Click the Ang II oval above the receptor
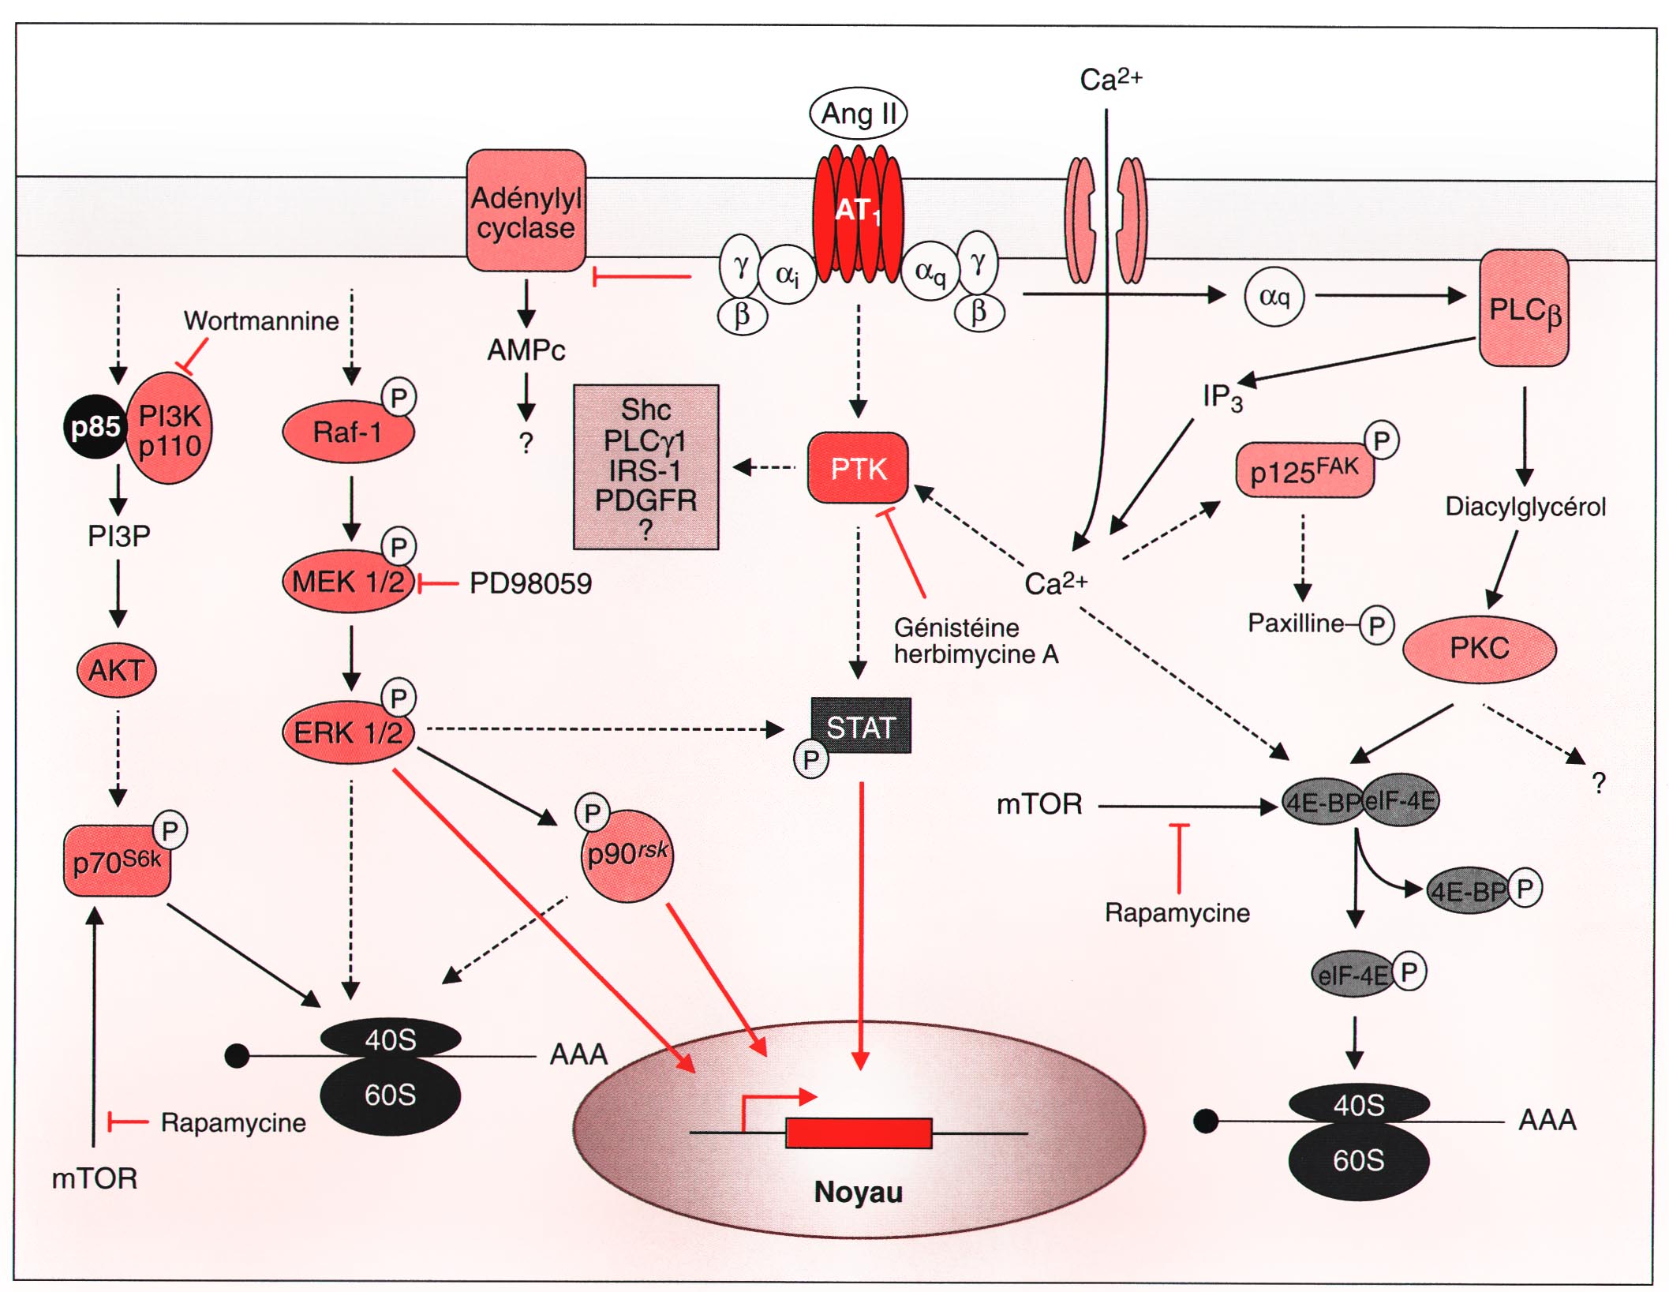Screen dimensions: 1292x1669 coord(858,114)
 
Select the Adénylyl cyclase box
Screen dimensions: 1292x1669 coord(526,212)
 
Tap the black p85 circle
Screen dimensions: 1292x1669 coord(95,427)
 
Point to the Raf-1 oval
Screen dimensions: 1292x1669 coord(347,433)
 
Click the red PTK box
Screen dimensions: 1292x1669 coord(858,468)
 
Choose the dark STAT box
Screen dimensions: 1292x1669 coord(861,726)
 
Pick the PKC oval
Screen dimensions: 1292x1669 coord(1479,649)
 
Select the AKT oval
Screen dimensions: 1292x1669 coord(116,671)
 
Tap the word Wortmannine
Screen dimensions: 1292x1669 coord(261,321)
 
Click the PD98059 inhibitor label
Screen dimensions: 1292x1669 coord(530,584)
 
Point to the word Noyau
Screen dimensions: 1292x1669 coord(858,1192)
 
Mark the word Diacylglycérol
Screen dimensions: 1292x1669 coord(1525,507)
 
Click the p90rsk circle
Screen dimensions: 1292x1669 coord(627,855)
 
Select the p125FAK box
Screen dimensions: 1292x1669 coord(1304,471)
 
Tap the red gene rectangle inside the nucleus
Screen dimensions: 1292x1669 coord(859,1133)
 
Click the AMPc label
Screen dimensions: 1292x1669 coord(526,350)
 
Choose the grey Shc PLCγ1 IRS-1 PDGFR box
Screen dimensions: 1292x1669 coord(646,467)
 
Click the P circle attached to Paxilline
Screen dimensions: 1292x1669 coord(1376,626)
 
